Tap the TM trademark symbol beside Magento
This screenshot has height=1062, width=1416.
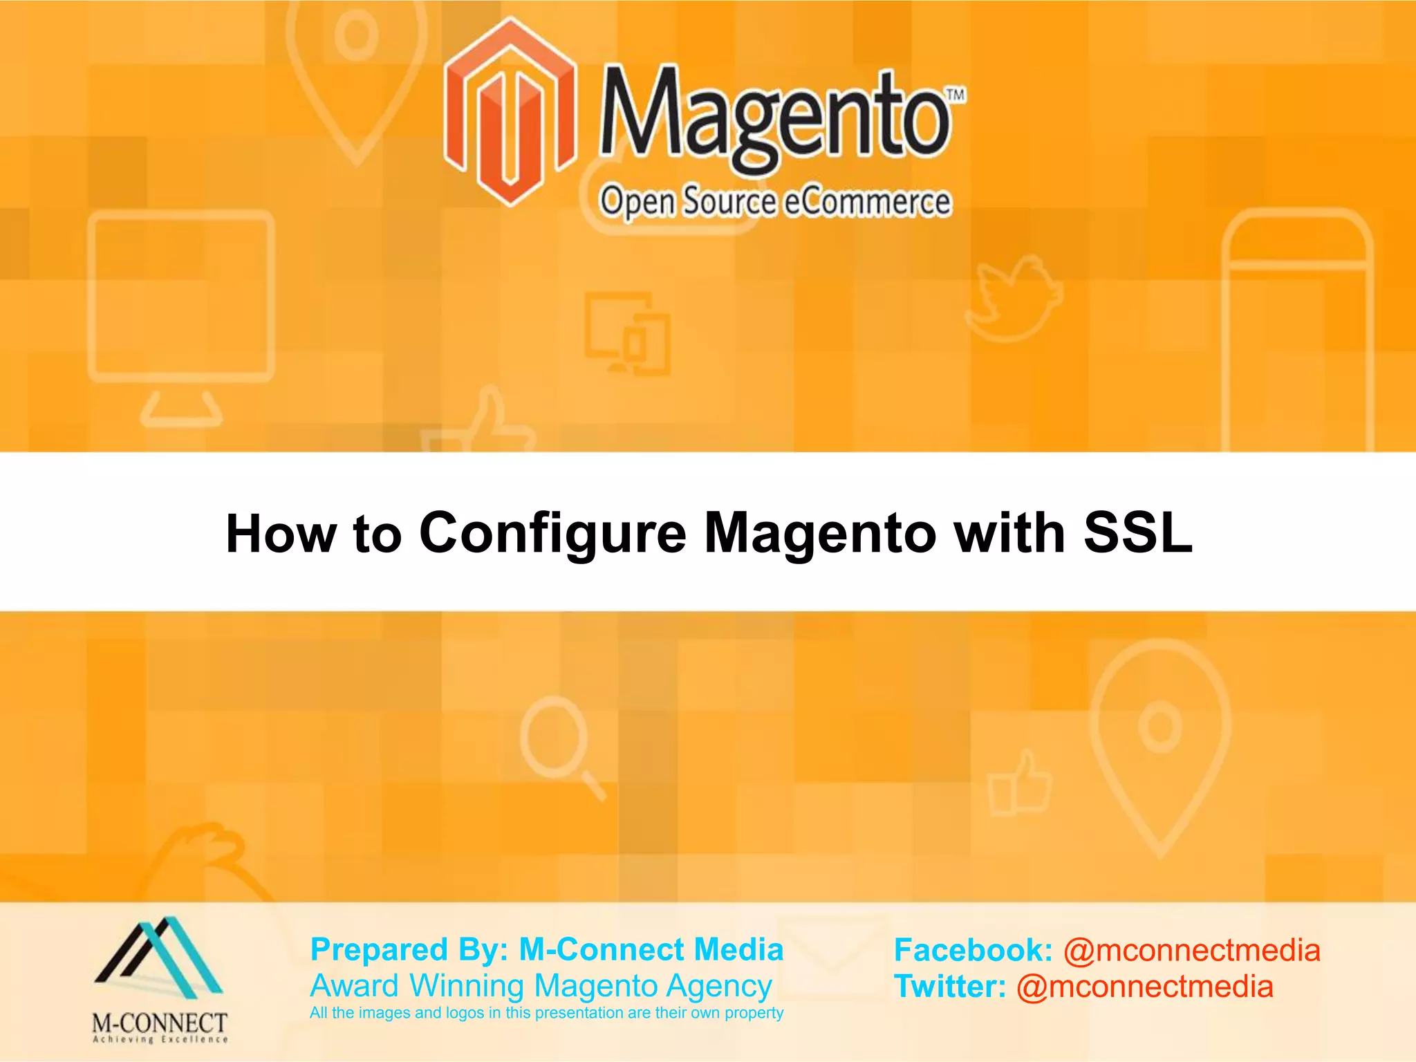956,95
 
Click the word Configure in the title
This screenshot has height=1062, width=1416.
552,533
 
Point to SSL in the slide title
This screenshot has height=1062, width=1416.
1138,533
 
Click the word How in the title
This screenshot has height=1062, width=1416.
281,534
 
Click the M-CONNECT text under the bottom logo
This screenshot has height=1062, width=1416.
160,1023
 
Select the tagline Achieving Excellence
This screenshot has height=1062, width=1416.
160,1039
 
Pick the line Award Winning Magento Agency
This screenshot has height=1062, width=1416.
541,986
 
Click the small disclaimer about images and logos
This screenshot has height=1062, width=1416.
546,1013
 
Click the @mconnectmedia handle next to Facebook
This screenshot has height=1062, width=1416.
1191,950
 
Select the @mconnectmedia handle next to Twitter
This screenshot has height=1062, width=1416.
1144,987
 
